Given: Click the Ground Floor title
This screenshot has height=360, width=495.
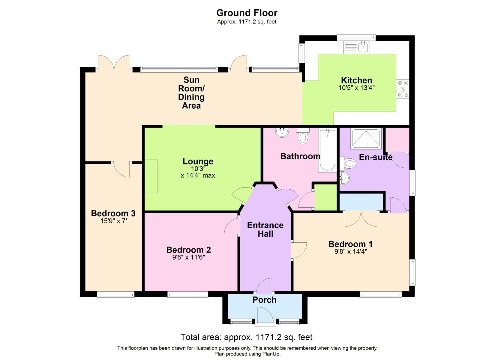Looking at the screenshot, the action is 247,13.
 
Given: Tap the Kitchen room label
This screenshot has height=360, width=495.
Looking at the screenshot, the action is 356,80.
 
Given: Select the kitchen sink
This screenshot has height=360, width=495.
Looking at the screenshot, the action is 356,47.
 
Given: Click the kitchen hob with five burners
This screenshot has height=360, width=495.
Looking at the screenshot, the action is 403,89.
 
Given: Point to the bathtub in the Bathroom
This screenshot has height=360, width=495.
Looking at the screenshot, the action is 327,150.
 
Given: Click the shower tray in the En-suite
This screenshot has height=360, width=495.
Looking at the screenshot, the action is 366,138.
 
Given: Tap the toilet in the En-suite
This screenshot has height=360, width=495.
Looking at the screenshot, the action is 348,163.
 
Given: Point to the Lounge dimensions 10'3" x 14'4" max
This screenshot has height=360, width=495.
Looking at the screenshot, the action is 198,172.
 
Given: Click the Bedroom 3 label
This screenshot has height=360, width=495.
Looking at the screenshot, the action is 113,213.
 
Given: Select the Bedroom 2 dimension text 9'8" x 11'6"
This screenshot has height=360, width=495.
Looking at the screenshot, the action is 188,257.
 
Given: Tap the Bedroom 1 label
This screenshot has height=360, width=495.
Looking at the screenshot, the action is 350,244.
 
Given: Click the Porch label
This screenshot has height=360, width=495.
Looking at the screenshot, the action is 264,300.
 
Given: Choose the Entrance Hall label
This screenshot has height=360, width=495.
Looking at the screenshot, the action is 265,229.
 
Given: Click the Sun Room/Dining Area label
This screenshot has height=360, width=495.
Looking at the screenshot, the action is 191,93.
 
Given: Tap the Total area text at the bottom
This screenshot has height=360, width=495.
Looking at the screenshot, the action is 246,337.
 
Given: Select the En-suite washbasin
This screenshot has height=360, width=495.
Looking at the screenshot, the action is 344,178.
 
